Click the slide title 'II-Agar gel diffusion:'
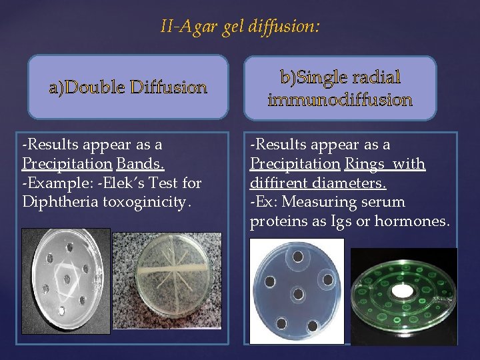(x=240, y=27)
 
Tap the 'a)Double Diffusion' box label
(x=127, y=87)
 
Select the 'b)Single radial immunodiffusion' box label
(x=340, y=89)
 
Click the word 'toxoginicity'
(x=145, y=201)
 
